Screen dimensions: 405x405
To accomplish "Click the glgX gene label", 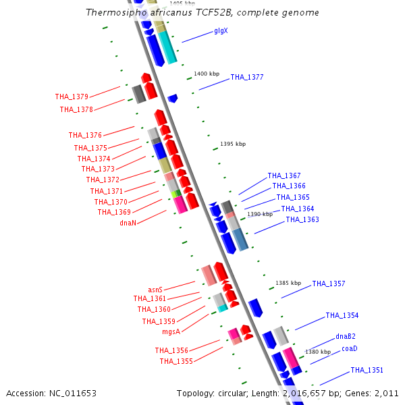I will point(221,31).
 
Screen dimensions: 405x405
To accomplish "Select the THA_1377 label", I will point(247,77).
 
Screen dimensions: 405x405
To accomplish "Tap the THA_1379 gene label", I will point(72,97).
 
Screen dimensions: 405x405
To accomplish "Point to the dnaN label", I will point(128,223).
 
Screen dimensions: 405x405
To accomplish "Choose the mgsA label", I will point(171,331).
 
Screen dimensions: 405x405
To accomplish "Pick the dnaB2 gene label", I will point(346,336).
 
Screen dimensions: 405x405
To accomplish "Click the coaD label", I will point(349,348).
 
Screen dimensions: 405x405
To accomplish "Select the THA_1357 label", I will point(329,283).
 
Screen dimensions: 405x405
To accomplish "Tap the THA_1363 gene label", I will point(302,219).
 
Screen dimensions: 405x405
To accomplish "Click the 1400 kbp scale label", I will point(207,74).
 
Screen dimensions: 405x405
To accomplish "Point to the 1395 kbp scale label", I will point(233,144).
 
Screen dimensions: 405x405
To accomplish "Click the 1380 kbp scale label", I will point(318,352).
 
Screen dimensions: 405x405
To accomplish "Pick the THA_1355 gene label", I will point(176,361).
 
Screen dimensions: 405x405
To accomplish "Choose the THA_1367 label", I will point(284,175).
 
